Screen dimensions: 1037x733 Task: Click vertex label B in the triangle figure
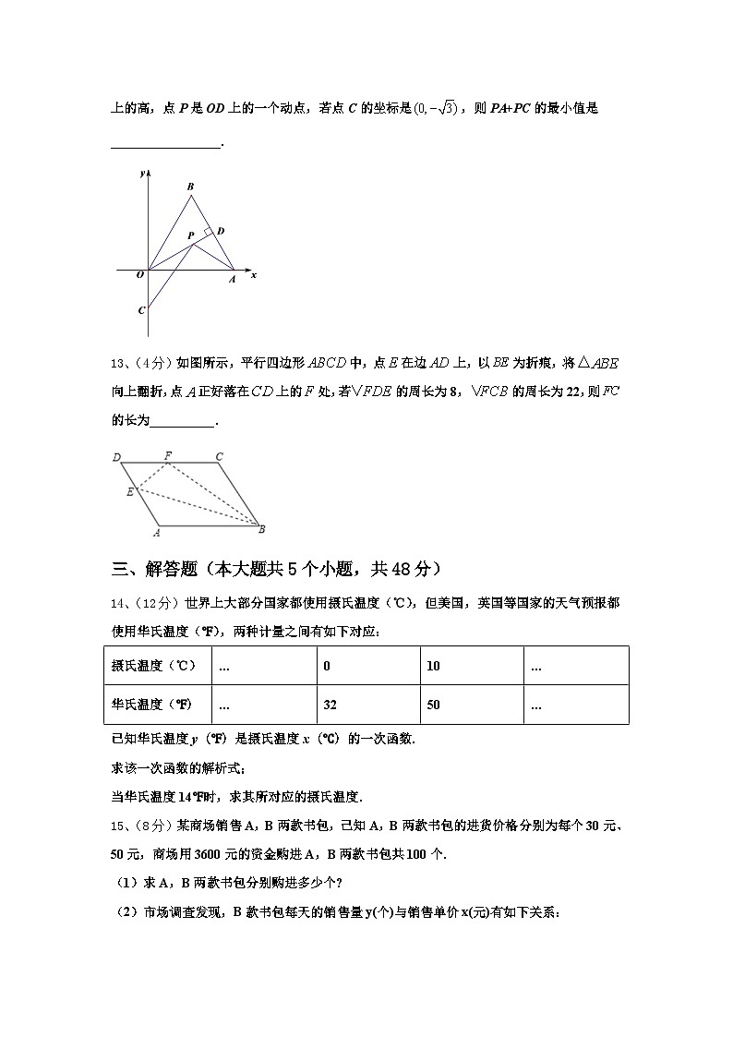190,187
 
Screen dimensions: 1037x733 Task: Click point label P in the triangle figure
190,236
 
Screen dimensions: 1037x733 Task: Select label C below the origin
141,310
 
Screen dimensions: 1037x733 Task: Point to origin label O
139,274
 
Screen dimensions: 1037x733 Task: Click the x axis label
253,275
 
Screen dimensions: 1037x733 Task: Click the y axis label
142,173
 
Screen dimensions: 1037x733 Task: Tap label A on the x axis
232,278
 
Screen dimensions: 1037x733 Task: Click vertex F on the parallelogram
168,455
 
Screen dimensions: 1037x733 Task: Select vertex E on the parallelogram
130,492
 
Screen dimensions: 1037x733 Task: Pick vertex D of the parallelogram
117,457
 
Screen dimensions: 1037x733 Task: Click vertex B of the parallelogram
261,529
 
